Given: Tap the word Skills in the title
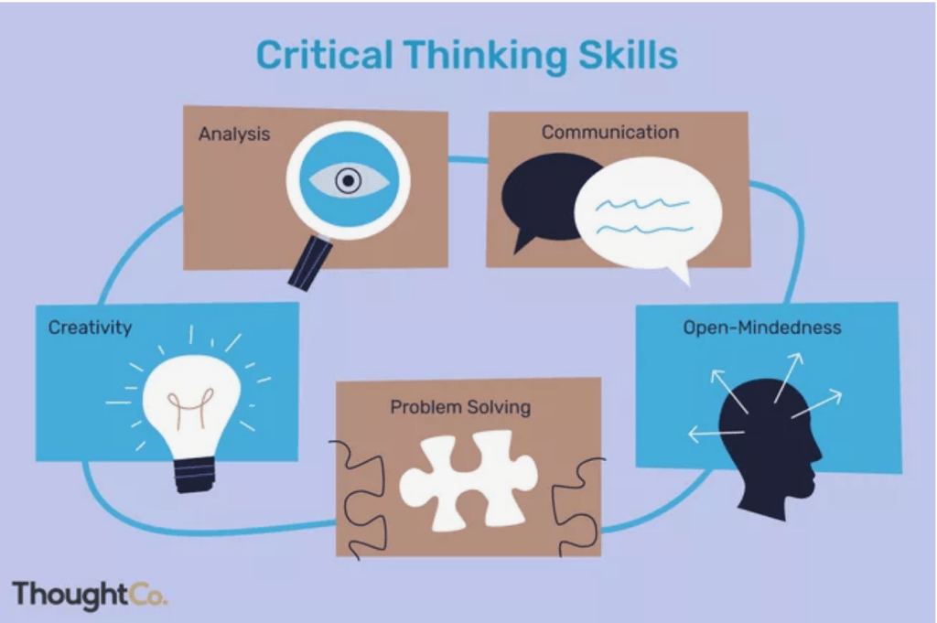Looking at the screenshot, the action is coord(628,55).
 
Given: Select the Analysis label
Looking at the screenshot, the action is coord(234,134).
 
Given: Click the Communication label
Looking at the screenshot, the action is coord(610,132).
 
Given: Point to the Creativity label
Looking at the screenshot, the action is coord(91,328).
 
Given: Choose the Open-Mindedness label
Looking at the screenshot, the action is coord(762,328).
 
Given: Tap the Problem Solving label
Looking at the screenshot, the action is coord(460,407).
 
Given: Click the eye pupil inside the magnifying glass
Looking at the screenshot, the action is coord(349,180).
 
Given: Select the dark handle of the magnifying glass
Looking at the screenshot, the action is coord(310,263).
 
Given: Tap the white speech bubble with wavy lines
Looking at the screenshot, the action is coord(649,214).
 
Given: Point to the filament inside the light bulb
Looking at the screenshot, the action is coord(190,406).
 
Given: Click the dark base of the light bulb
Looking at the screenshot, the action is coord(195,474).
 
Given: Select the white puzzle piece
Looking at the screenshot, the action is coord(468,480).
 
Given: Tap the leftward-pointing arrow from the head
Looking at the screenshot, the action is coord(716,433).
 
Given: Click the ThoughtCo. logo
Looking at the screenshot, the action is coord(90,595).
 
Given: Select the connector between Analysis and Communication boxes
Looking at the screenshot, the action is coord(468,159).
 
